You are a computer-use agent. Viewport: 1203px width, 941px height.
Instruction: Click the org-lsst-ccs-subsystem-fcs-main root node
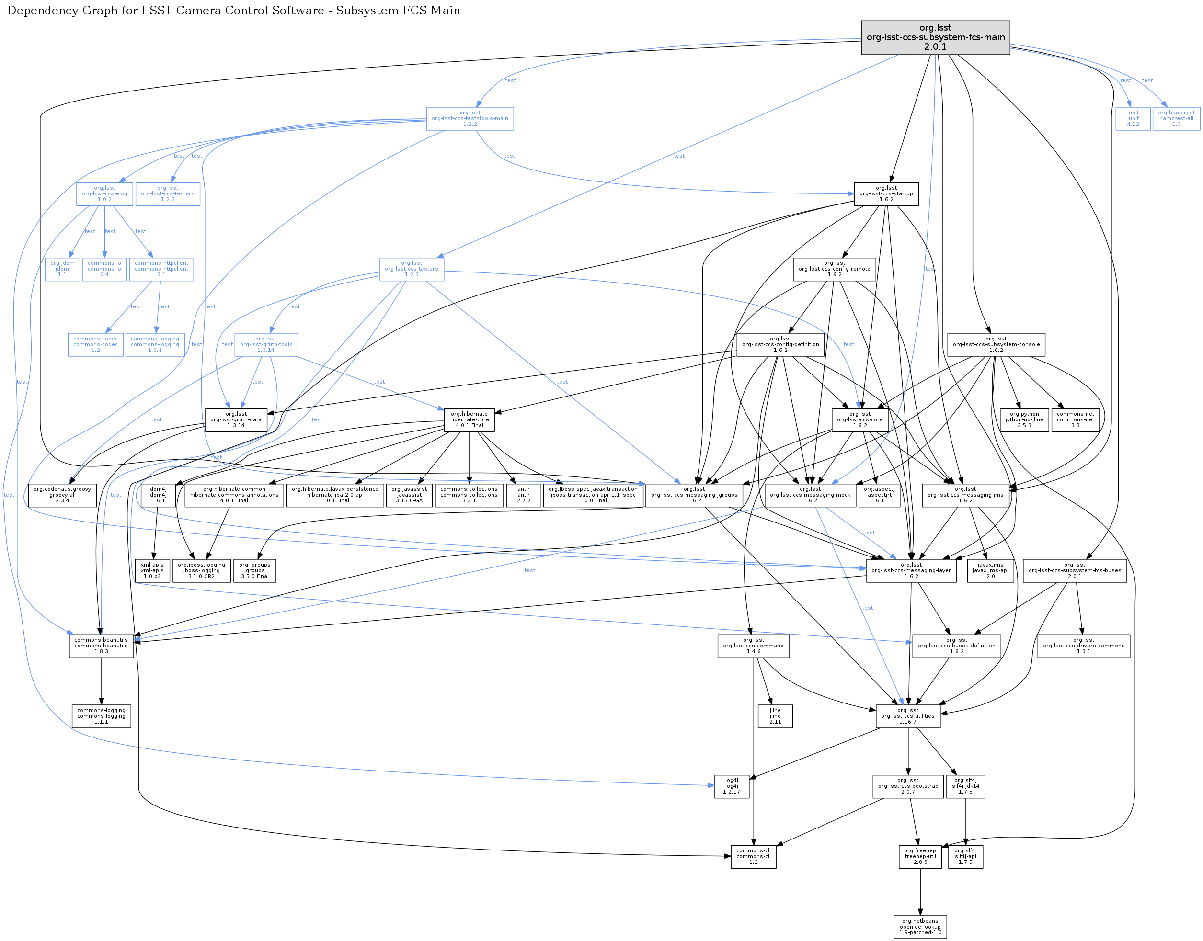point(935,37)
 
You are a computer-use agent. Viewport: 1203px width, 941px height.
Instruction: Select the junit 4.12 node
point(1133,118)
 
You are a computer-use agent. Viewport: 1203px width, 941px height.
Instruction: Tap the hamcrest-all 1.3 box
point(1176,118)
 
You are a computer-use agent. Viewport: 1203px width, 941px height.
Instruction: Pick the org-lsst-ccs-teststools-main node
point(470,118)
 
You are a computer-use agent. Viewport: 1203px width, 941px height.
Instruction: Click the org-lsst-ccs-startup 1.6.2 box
point(886,194)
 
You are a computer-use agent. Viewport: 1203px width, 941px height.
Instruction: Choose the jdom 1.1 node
point(62,269)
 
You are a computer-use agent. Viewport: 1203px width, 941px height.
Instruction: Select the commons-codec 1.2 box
point(95,344)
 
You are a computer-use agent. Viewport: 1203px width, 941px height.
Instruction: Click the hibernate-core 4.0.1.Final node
point(469,420)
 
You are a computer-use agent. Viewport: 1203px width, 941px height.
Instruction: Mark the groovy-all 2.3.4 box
point(62,495)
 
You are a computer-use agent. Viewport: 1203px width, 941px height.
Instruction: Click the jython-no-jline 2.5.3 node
point(1024,420)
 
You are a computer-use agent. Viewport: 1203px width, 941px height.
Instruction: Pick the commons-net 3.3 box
point(1075,420)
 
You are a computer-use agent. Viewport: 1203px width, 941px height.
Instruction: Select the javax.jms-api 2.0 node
point(990,570)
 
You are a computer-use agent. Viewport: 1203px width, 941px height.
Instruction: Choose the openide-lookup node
point(920,927)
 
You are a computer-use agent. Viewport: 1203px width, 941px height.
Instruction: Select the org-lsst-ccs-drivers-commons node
point(1083,646)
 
